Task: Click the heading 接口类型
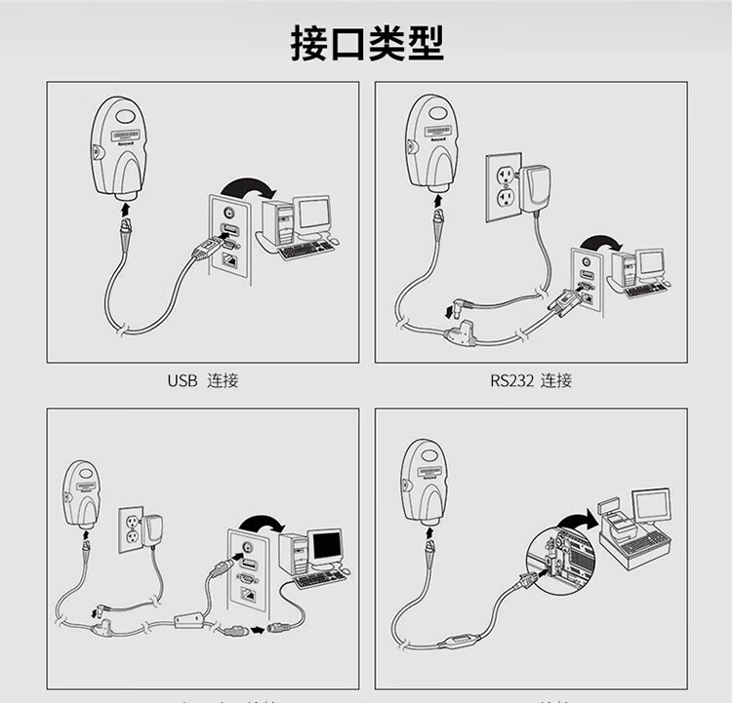point(366,43)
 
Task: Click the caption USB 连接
point(203,380)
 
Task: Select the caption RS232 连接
point(531,380)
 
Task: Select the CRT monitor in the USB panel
point(313,216)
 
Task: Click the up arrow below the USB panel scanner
point(124,208)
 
